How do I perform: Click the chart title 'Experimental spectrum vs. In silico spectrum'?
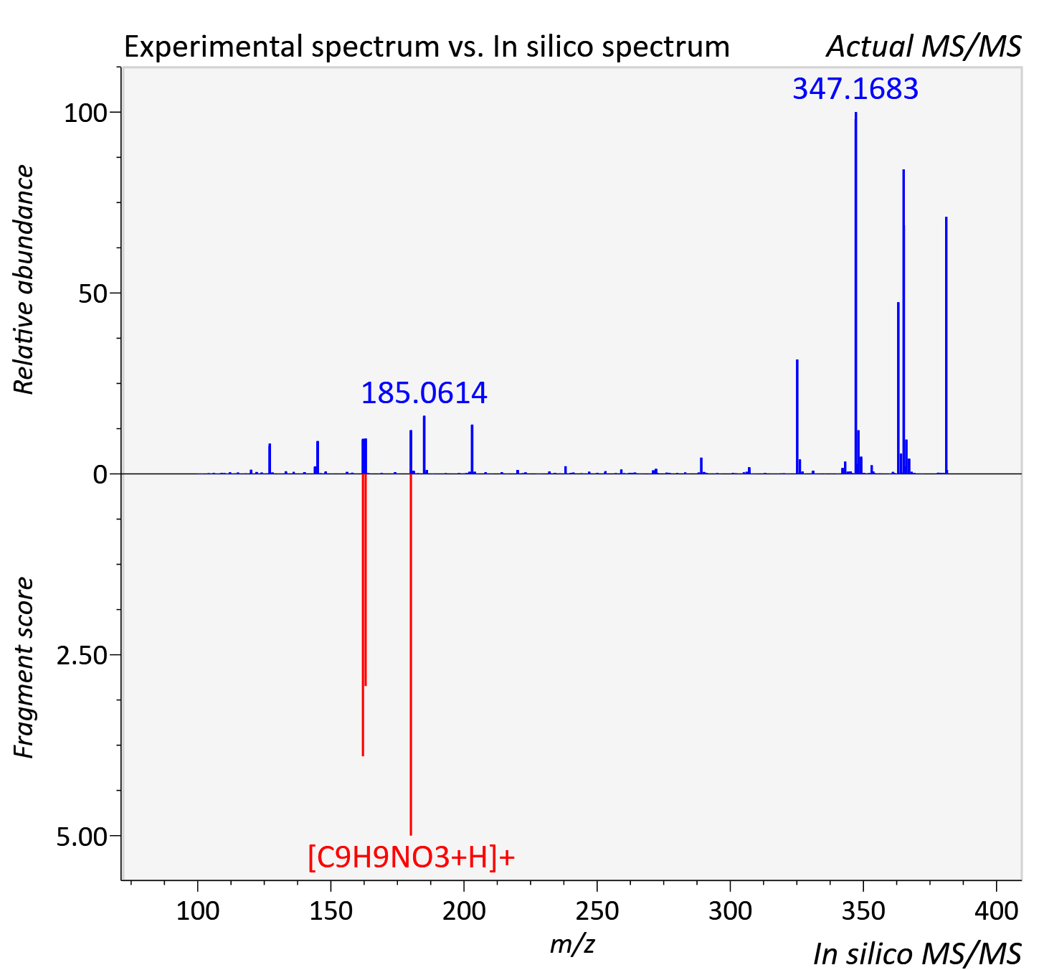click(x=427, y=47)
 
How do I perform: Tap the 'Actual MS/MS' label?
click(x=924, y=47)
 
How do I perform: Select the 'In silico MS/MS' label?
click(x=917, y=954)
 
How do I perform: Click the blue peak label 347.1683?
click(x=855, y=88)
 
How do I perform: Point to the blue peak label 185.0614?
click(x=424, y=393)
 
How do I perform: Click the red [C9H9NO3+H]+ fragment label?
click(x=411, y=857)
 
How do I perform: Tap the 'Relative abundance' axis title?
click(x=24, y=279)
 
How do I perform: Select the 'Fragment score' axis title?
click(x=24, y=667)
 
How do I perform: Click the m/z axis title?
click(x=572, y=945)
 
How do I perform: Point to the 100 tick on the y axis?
click(x=85, y=113)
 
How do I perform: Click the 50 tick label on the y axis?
click(x=92, y=293)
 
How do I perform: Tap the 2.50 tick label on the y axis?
click(x=82, y=656)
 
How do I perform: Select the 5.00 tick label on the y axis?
click(x=82, y=837)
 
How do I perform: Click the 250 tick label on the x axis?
click(x=597, y=910)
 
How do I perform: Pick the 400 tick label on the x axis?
click(x=996, y=910)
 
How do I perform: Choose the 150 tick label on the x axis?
click(x=331, y=910)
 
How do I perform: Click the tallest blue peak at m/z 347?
click(x=856, y=293)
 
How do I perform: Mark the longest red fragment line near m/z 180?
click(x=411, y=654)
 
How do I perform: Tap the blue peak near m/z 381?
click(x=946, y=345)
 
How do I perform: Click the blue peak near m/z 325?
click(x=797, y=417)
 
